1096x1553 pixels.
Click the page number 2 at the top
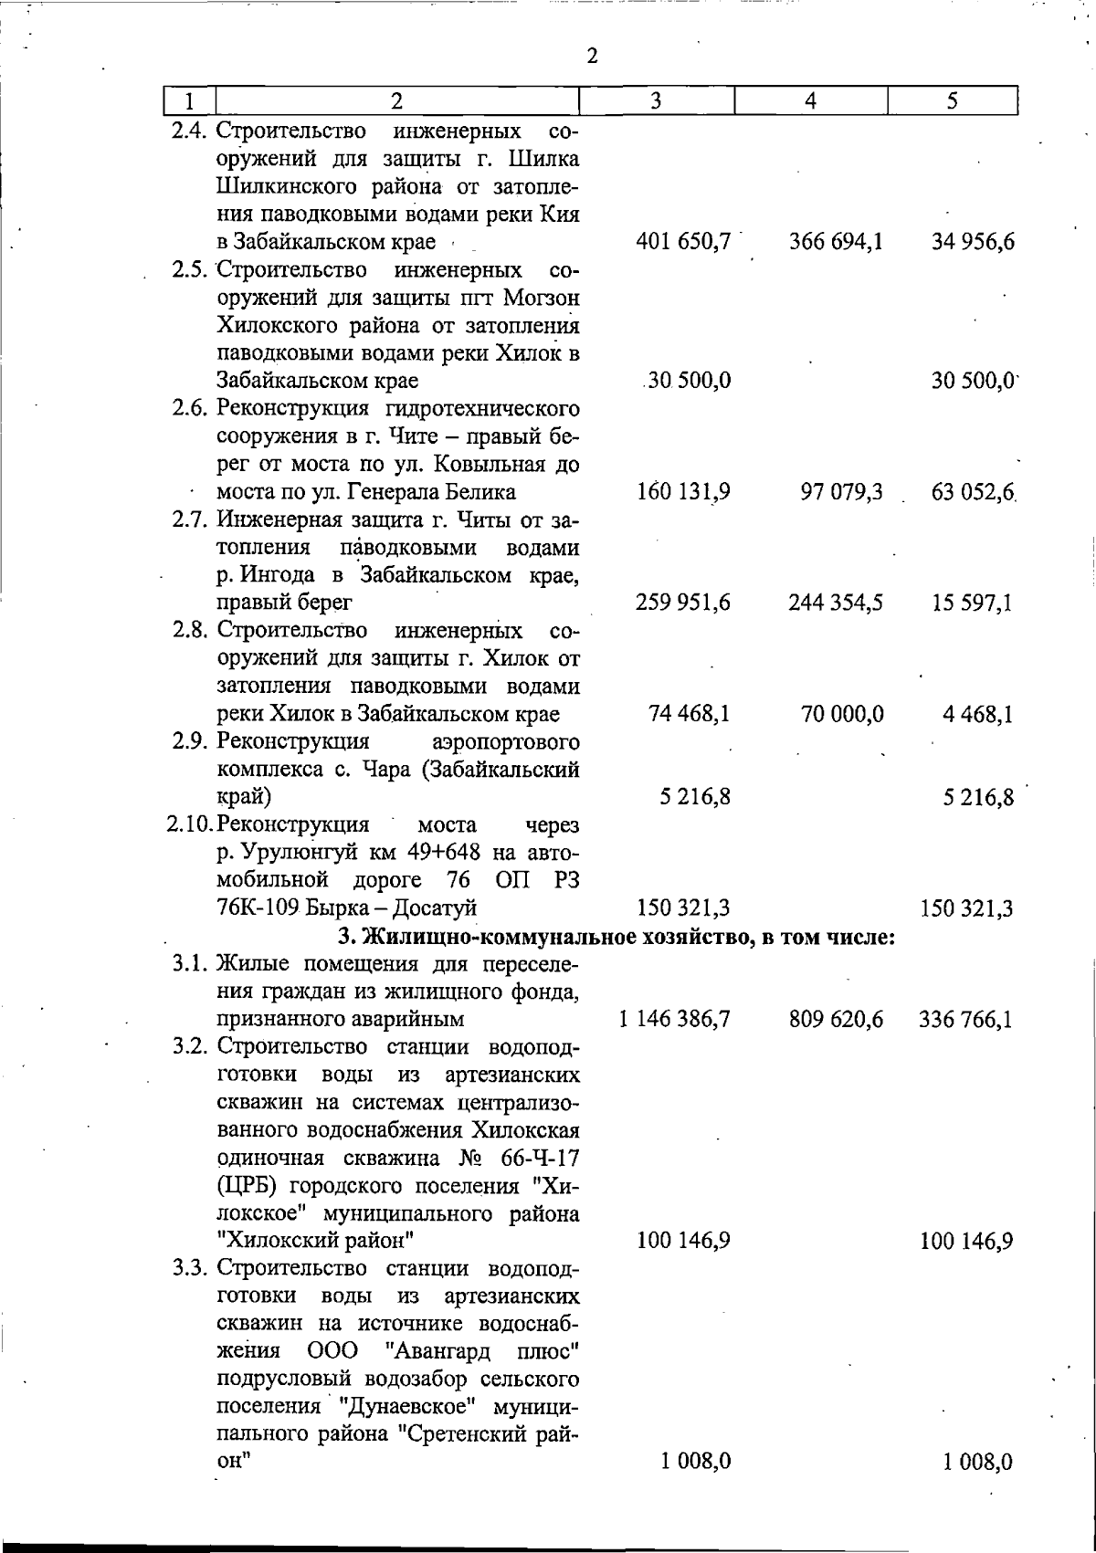[593, 57]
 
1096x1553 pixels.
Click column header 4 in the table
[811, 100]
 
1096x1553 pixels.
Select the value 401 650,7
[684, 243]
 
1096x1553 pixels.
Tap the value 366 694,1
[836, 243]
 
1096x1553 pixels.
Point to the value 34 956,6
[973, 243]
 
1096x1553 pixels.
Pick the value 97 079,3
[842, 493]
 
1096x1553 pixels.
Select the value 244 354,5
[836, 603]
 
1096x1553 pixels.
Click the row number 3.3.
[192, 1269]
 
